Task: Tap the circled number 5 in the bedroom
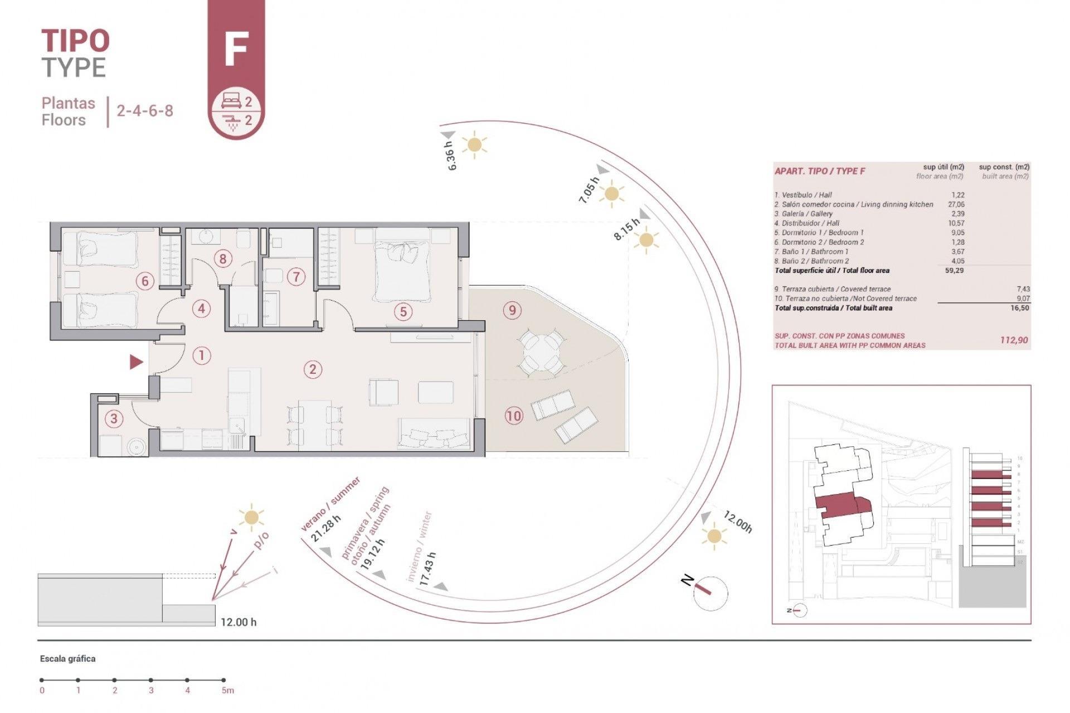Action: pos(403,312)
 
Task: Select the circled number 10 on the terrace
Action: pos(513,416)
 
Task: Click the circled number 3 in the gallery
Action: pos(114,418)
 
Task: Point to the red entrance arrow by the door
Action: pos(136,362)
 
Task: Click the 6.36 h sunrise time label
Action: pos(451,155)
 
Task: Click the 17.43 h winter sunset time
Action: pos(427,569)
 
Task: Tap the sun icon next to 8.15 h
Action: pos(646,241)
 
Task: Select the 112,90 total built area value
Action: pos(1014,340)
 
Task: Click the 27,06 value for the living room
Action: pos(956,204)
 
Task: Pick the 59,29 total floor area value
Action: pos(954,271)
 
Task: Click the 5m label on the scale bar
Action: pos(227,691)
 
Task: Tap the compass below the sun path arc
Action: pos(711,593)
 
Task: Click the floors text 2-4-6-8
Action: pos(145,110)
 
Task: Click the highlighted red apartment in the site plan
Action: pos(839,504)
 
